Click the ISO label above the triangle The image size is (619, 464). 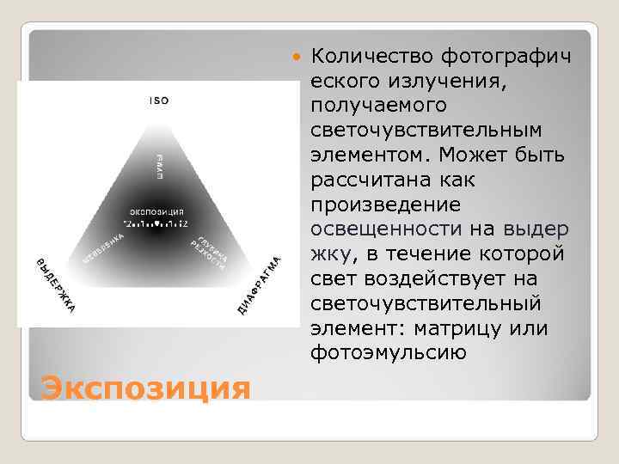tap(159, 101)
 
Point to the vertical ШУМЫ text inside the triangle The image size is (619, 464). tap(160, 165)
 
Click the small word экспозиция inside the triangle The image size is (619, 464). tap(156, 211)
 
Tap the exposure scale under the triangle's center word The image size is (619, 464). tap(156, 223)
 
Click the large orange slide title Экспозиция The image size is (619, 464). tap(145, 388)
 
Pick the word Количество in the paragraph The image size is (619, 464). tap(372, 57)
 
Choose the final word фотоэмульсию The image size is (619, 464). tap(389, 352)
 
